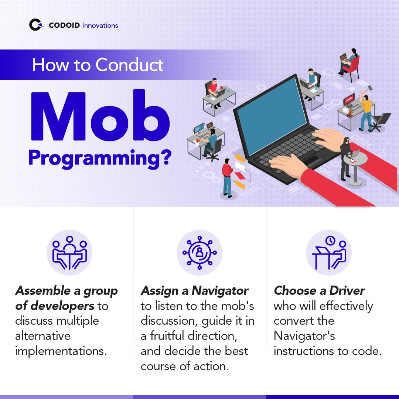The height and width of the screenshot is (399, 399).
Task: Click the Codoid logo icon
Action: click(x=36, y=25)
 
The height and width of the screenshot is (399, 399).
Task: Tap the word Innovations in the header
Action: click(x=100, y=25)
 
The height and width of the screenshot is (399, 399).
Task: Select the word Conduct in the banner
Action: click(x=129, y=65)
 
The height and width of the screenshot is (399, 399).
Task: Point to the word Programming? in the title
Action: click(x=100, y=158)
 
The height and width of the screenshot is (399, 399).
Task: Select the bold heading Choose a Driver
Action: click(x=319, y=291)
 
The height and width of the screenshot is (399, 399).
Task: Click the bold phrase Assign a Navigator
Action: click(x=194, y=291)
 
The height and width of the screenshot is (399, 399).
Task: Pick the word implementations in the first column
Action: click(x=61, y=351)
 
